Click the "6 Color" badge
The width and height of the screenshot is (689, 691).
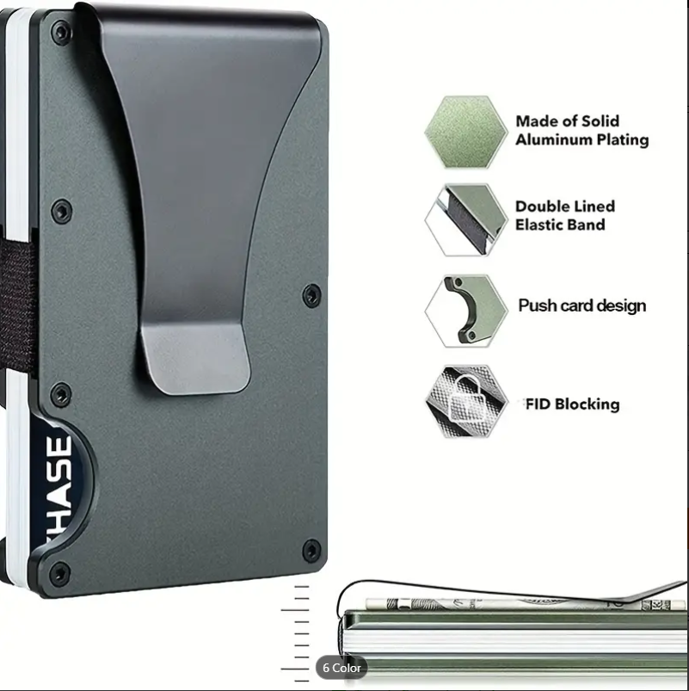tap(341, 668)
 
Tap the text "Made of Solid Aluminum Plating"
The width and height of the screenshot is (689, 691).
tap(581, 131)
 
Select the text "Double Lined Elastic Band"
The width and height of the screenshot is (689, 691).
tap(565, 216)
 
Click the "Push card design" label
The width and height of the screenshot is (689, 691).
tap(581, 305)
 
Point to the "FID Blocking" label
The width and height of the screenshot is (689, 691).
tap(572, 404)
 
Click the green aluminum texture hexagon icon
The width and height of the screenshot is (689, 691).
tap(464, 132)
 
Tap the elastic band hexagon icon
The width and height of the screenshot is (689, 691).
tap(464, 219)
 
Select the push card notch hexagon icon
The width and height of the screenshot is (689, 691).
tap(464, 310)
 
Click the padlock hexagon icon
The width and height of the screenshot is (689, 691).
tap(465, 401)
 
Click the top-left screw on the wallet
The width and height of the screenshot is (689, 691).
tap(59, 34)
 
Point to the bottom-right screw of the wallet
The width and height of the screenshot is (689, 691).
tap(311, 549)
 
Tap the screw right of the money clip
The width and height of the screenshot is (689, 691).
tap(311, 296)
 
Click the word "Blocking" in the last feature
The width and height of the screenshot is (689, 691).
tap(587, 404)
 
